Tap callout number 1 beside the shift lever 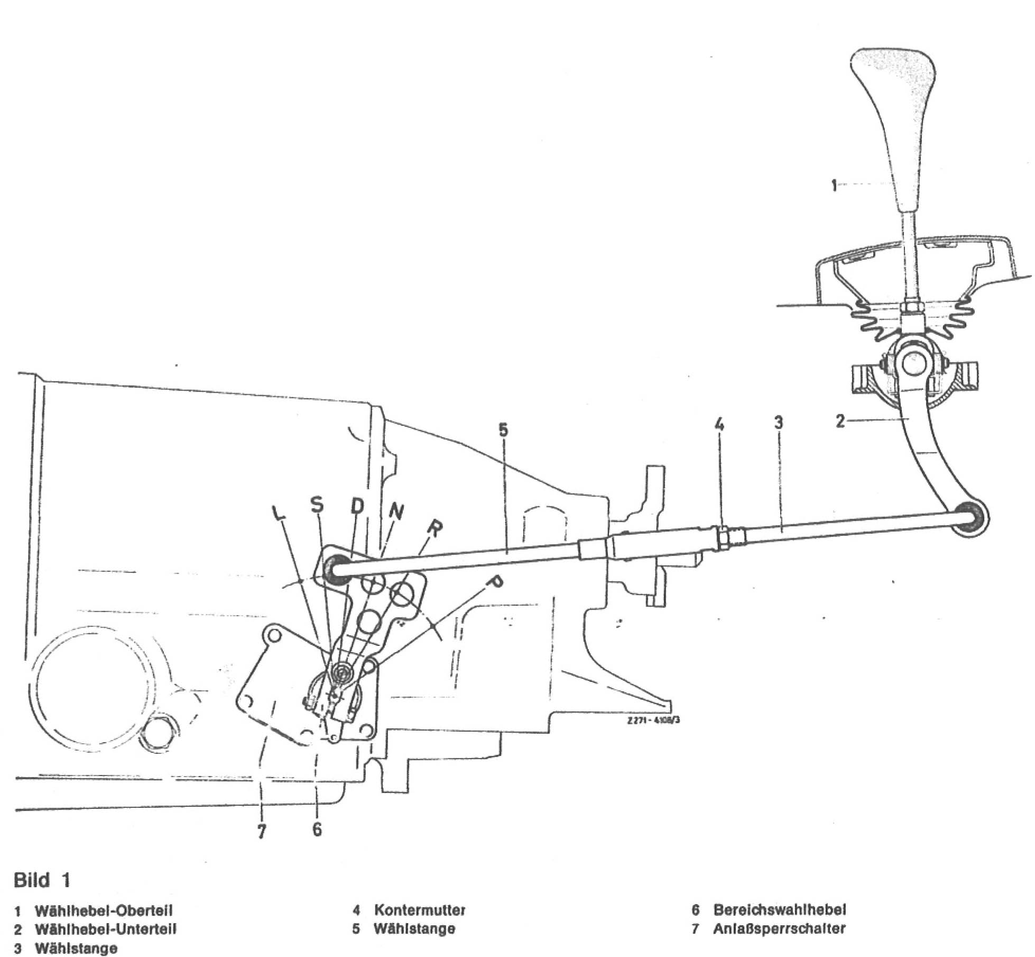click(834, 185)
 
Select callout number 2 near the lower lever click(840, 421)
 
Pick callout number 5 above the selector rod click(503, 430)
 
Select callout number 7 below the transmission click(262, 832)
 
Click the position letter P click(495, 583)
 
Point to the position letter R click(434, 528)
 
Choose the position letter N click(396, 511)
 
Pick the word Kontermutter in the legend click(420, 910)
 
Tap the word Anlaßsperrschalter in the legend click(779, 928)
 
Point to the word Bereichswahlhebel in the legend click(780, 909)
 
